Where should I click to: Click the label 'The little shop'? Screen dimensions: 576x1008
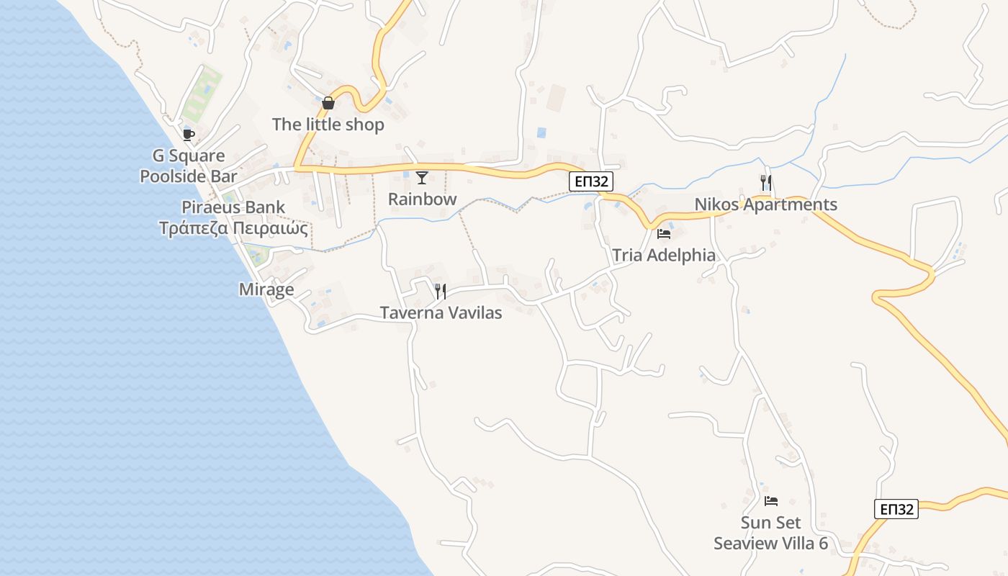point(328,125)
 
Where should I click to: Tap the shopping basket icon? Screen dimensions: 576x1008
point(328,103)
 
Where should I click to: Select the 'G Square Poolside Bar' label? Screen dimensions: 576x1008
point(189,166)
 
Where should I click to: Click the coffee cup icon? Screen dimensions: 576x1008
point(189,135)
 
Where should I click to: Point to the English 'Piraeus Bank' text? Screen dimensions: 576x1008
point(233,207)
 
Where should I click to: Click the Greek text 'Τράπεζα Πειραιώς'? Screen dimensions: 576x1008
point(233,229)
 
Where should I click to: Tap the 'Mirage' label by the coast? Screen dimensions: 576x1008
point(266,289)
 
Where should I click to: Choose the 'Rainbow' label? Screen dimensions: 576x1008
point(423,199)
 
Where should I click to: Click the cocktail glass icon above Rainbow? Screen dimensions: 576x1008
point(422,178)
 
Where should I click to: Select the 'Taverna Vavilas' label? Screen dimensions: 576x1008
point(441,313)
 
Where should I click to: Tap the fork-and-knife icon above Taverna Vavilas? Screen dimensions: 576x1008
point(441,292)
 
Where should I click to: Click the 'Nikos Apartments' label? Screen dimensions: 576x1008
point(765,204)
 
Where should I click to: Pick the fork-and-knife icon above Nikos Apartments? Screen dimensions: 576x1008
point(766,183)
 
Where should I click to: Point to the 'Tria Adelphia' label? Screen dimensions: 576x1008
point(664,255)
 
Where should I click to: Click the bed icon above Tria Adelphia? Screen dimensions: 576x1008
point(664,233)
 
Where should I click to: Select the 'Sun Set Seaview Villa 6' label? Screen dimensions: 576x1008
point(770,533)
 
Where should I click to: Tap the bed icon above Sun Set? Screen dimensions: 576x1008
point(771,500)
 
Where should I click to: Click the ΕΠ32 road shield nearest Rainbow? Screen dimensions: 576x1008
point(591,181)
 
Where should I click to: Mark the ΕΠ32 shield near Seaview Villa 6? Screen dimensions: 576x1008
point(896,509)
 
